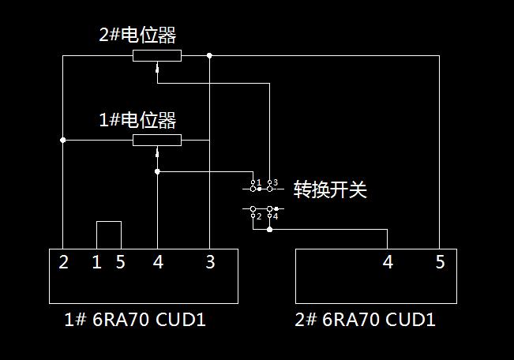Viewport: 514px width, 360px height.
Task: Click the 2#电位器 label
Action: click(x=137, y=36)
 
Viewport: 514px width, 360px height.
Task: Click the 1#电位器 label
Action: click(x=137, y=121)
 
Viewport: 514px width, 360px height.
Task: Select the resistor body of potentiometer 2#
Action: click(x=156, y=55)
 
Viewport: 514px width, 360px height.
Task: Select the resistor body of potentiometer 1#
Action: click(x=156, y=141)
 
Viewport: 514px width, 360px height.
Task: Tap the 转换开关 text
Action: click(x=330, y=189)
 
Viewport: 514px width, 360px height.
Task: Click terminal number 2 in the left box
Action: click(x=63, y=262)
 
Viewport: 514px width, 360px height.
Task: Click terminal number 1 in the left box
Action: click(x=96, y=262)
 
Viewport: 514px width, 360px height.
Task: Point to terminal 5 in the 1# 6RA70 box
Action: click(x=120, y=262)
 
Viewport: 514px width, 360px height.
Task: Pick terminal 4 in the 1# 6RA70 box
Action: click(x=158, y=262)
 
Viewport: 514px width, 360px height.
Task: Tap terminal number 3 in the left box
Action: click(x=210, y=262)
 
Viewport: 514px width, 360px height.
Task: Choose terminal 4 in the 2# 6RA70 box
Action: click(x=388, y=262)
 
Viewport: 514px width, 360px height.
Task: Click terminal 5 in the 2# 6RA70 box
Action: click(x=440, y=262)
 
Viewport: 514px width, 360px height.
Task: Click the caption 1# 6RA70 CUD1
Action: click(x=134, y=320)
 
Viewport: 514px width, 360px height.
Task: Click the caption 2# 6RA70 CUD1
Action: click(x=365, y=320)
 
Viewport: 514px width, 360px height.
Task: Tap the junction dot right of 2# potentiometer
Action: click(x=209, y=55)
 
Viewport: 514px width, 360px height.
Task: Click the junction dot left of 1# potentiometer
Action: click(x=63, y=141)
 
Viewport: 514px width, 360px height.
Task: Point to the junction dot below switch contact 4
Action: click(x=270, y=230)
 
